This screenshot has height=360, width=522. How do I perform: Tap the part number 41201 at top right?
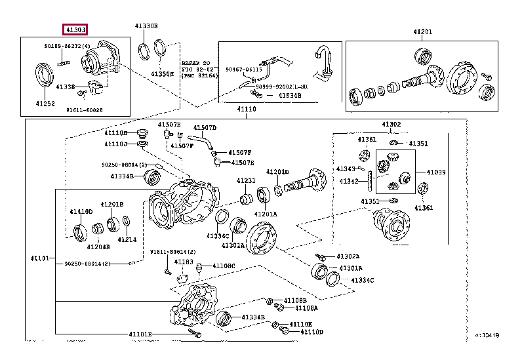(x=422, y=32)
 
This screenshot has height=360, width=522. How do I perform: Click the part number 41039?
(x=436, y=172)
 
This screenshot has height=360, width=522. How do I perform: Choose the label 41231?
(x=246, y=180)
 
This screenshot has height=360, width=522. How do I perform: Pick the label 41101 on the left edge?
(x=40, y=258)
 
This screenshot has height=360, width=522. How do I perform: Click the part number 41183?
(x=184, y=262)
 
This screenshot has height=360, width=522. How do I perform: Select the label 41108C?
(x=223, y=266)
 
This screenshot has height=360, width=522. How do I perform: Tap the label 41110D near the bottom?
(x=311, y=332)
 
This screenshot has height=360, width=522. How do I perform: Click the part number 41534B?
(x=289, y=96)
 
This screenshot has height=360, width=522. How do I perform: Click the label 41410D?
(x=81, y=211)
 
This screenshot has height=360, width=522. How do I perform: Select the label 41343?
(x=346, y=169)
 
